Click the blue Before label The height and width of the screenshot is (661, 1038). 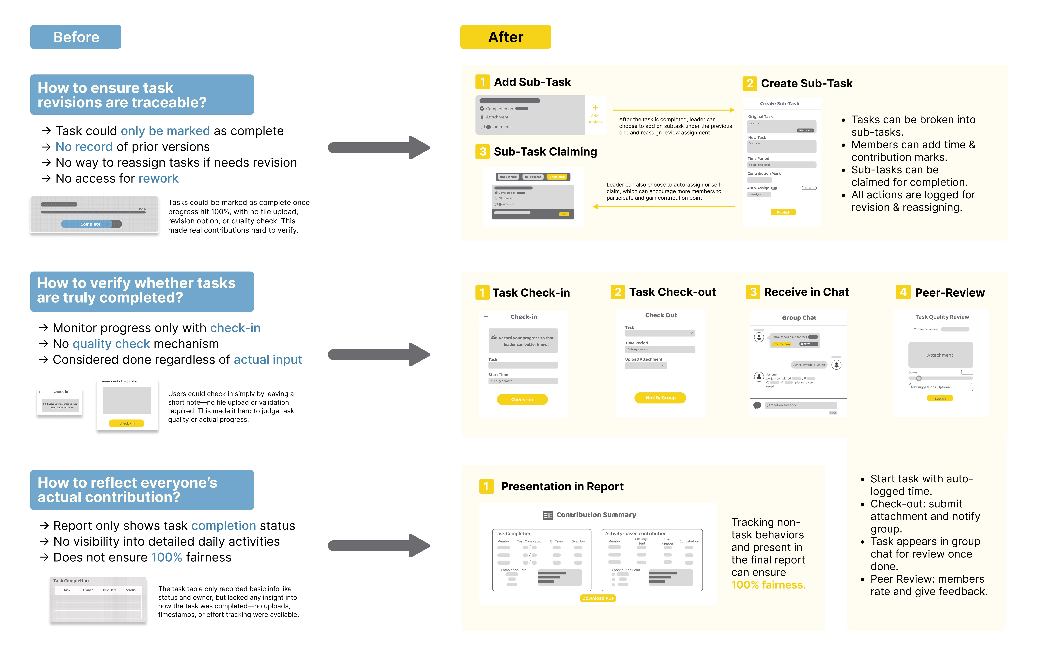coord(76,37)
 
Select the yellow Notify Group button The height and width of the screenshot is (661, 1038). coord(660,398)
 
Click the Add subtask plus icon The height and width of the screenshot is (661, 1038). coord(595,108)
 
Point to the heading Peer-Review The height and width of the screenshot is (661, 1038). coord(950,293)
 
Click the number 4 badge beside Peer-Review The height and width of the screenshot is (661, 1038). coord(903,292)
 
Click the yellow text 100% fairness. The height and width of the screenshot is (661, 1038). coord(768,585)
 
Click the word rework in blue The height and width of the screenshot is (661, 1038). coord(158,178)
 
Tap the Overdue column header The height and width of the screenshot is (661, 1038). coord(578,541)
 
